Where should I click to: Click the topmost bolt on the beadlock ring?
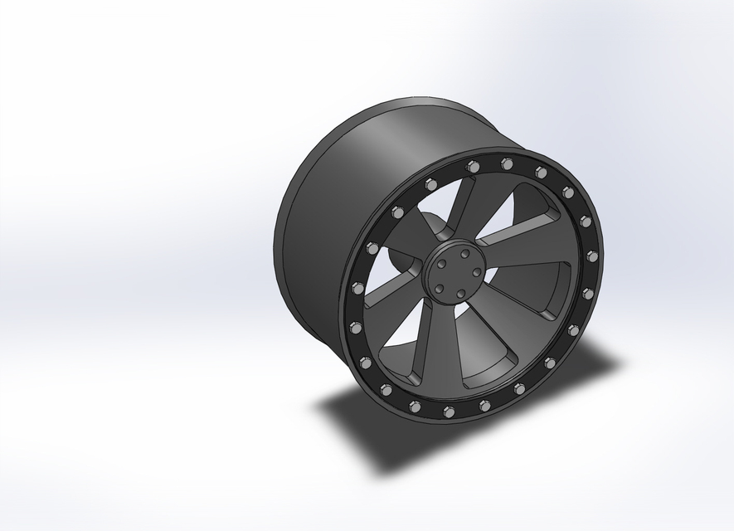(x=507, y=163)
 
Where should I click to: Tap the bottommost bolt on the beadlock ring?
(x=449, y=412)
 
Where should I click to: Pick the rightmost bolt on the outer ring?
(x=592, y=256)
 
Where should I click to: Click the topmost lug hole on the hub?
(x=465, y=253)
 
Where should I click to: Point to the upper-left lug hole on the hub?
(x=443, y=261)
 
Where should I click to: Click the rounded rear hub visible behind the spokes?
(x=427, y=232)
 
